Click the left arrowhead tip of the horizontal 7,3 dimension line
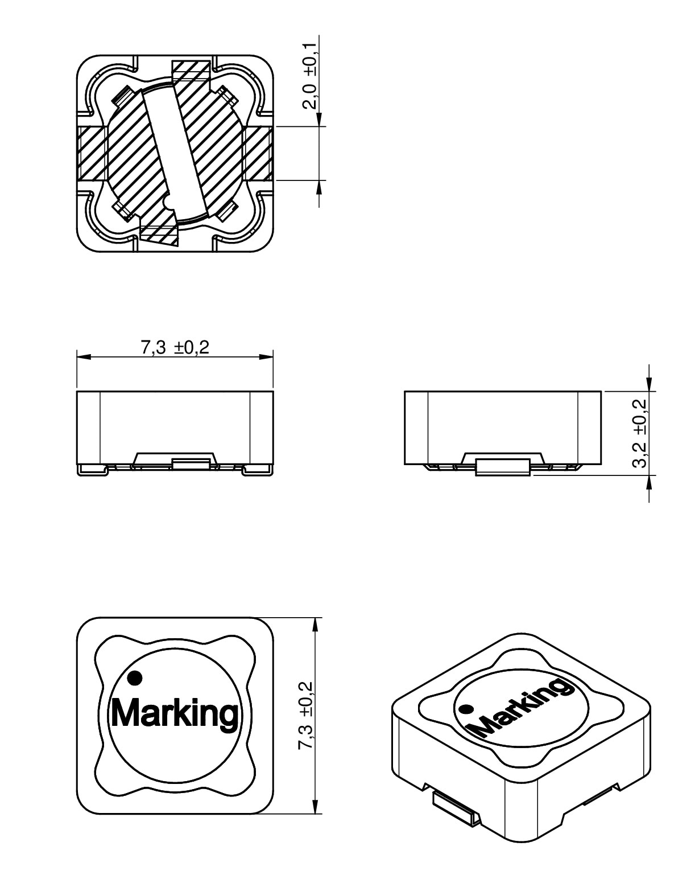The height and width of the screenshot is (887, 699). click(77, 357)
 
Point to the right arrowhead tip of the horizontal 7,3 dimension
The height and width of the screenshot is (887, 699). click(273, 357)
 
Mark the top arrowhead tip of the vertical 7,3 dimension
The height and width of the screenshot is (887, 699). click(315, 618)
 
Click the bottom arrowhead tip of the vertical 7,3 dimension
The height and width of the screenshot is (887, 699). click(315, 814)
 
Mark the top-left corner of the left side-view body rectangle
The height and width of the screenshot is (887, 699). click(77, 391)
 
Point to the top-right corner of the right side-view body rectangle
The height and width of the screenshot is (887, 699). click(601, 391)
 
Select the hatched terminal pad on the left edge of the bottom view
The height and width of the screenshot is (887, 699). click(92, 153)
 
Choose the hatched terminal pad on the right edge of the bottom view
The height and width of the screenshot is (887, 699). click(258, 153)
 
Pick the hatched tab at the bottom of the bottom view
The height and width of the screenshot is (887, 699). click(159, 235)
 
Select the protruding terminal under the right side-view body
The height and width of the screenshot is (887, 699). click(503, 467)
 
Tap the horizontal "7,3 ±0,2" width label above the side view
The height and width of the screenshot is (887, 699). click(175, 347)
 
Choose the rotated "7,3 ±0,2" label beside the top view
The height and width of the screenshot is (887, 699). click(305, 716)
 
